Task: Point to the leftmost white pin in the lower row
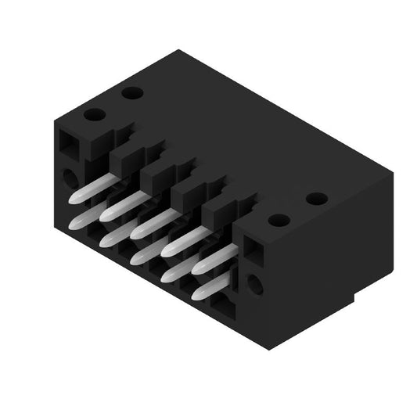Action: point(84,218)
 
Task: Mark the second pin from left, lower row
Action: point(115,232)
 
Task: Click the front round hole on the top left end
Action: point(95,115)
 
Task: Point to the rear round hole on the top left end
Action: point(132,93)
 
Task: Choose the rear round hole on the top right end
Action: point(316,199)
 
